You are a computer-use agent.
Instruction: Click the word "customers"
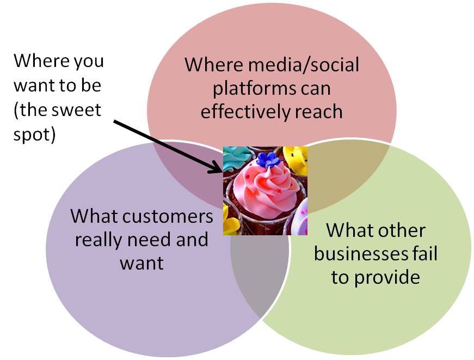click(168, 217)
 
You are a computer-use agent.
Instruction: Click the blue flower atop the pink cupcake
click(268, 160)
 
